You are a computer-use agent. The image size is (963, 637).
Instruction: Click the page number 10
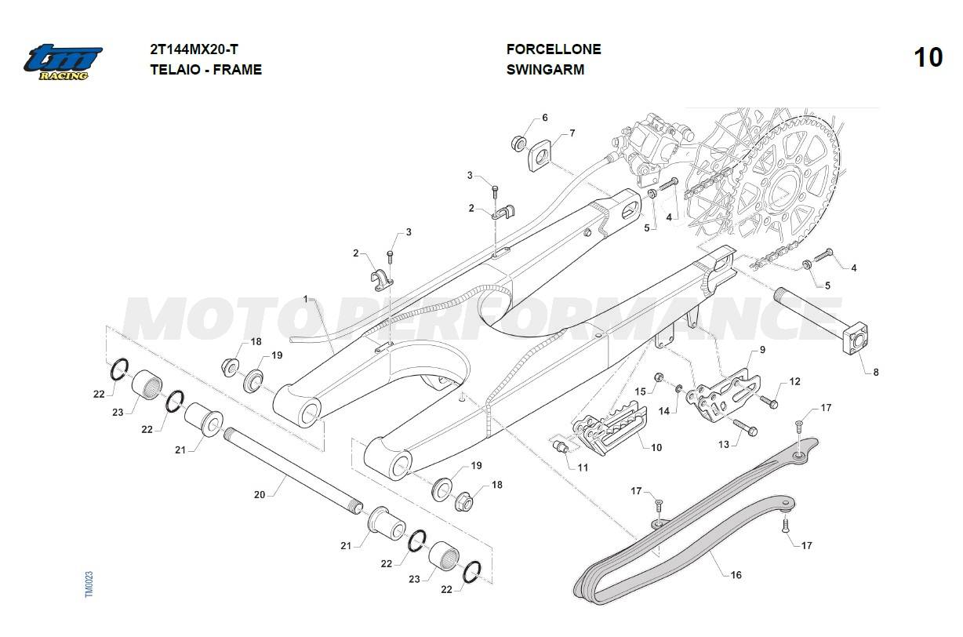928,58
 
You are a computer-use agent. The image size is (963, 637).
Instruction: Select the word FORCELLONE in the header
554,49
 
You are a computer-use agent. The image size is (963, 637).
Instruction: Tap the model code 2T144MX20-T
194,49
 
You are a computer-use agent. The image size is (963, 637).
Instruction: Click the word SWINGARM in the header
545,69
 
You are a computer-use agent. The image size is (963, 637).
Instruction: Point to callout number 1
306,299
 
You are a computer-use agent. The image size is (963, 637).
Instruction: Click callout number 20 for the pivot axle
260,495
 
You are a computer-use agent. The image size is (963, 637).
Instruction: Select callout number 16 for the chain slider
736,575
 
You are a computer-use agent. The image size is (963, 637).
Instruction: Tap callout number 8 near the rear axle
875,372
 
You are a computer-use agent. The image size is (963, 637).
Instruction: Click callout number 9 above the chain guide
761,349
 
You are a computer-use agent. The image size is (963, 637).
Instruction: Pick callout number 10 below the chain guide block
656,447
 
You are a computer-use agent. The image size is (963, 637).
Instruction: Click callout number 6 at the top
544,118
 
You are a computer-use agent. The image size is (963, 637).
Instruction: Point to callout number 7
572,133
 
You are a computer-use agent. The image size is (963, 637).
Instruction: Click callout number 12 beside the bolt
794,381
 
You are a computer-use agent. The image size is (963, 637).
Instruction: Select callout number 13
723,444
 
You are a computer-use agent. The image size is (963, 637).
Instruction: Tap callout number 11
582,468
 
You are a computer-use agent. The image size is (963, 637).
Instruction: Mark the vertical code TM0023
89,584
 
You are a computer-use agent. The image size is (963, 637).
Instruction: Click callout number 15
640,391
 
